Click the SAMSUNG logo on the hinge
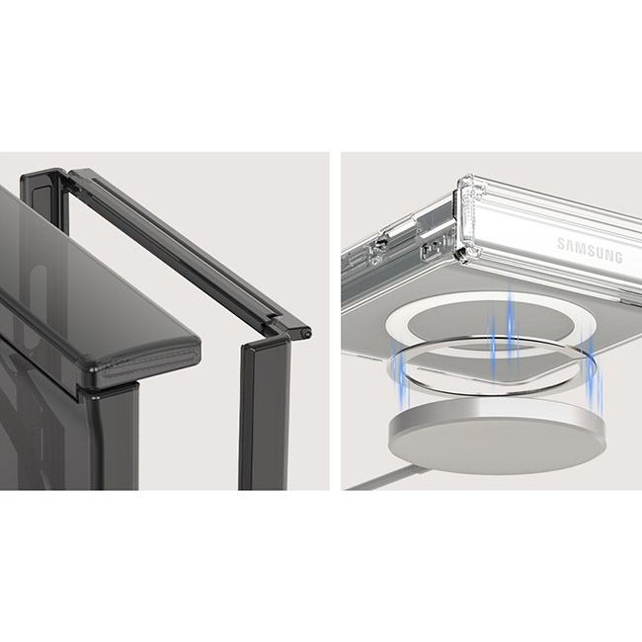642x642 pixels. coord(590,250)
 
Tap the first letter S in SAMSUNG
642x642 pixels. coord(561,243)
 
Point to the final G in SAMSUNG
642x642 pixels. coord(618,257)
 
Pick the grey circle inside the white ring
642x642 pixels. coord(491,323)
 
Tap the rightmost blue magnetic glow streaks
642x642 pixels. coord(593,368)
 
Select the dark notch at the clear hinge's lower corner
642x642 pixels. coord(461,254)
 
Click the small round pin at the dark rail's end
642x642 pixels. coord(305,333)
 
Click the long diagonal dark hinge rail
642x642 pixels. coord(185,250)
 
